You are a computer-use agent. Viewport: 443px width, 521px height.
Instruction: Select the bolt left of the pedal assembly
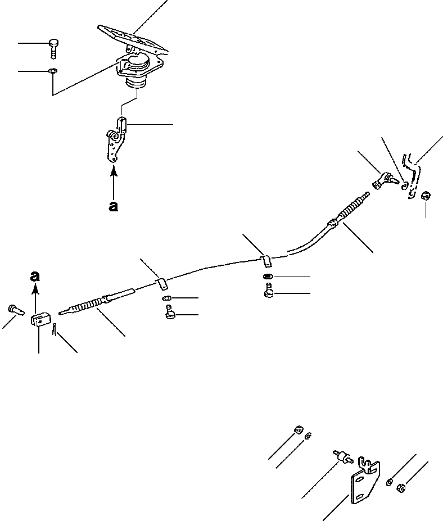pos(53,46)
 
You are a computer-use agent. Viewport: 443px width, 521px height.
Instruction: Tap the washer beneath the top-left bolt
pos(52,71)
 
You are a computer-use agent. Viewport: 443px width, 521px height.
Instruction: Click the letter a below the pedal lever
pos(114,206)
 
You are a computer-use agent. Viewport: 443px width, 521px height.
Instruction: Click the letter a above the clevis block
pos(35,276)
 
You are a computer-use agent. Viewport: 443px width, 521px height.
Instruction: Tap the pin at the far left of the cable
pos(15,309)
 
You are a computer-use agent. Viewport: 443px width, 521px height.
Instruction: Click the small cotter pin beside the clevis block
pos(54,332)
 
